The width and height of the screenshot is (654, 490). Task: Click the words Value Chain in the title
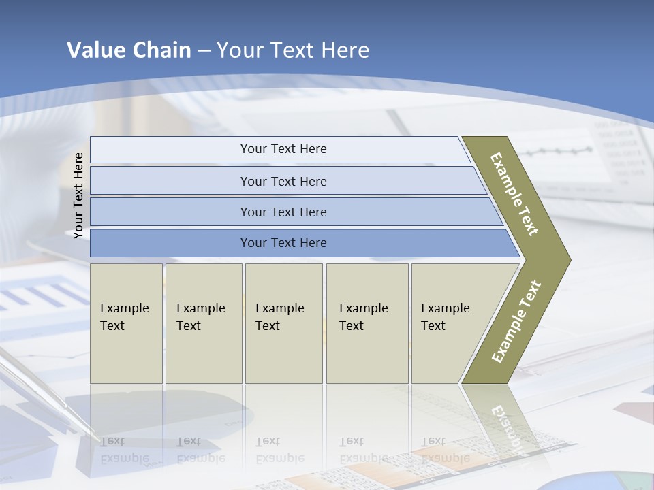129,50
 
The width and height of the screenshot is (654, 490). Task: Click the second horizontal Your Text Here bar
283,181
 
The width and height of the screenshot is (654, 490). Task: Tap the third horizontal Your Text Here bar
283,212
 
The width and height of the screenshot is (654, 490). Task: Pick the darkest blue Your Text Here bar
283,243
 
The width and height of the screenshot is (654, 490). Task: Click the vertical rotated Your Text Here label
79,195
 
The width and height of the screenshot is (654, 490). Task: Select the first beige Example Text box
126,323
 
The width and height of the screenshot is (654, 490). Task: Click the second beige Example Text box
203,323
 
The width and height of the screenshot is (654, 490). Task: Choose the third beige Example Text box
283,323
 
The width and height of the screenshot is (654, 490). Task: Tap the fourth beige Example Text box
367,323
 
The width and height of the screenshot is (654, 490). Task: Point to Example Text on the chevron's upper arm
514,194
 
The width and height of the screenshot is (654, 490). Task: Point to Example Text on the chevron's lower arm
516,322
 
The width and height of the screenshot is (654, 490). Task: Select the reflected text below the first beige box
124,450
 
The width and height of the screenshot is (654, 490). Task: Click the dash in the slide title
204,50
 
